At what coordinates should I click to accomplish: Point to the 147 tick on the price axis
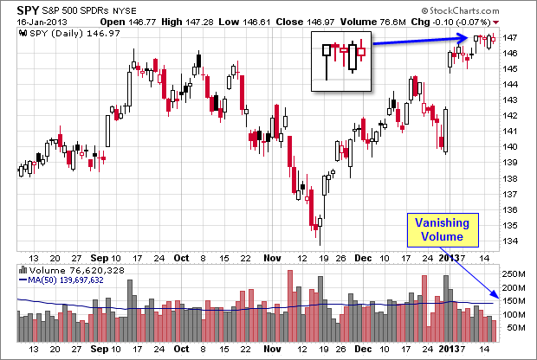pyautogui.click(x=512, y=38)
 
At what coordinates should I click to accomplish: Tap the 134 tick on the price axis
pyautogui.click(x=512, y=241)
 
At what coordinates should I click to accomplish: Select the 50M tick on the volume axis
pyautogui.click(x=514, y=328)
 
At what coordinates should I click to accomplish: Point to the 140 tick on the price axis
pyautogui.click(x=512, y=147)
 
